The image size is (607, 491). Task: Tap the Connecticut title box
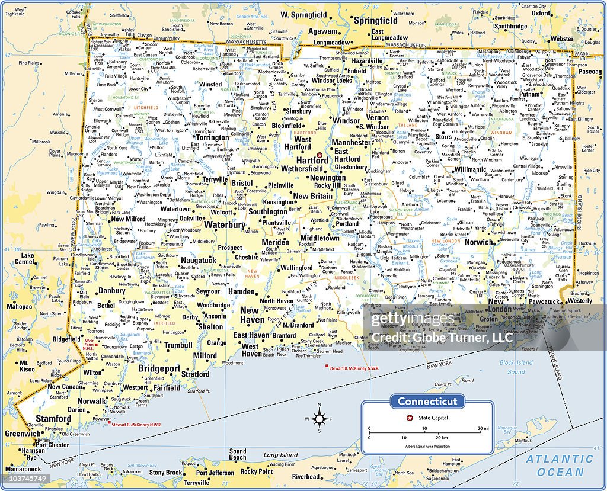pos(427,402)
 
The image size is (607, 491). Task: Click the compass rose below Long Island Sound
pos(319,419)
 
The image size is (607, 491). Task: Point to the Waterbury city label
pos(225,225)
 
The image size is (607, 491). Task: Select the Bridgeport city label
pos(159,368)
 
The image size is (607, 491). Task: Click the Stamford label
pos(53,418)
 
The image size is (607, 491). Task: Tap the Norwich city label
pos(478,242)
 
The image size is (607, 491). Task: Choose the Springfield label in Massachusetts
pos(375,20)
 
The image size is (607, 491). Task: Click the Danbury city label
pos(111,291)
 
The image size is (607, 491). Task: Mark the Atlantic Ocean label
pos(560,465)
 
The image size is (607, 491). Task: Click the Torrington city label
pos(212,137)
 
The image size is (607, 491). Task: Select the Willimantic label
pos(470,169)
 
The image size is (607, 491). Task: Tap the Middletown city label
pos(320,238)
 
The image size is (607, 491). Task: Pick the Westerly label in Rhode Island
pos(580,301)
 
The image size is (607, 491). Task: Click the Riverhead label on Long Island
pos(306,476)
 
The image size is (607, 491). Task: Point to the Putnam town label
pos(530,94)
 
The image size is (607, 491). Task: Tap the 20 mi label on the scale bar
pos(482,428)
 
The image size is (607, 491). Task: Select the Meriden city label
pos(275,242)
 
